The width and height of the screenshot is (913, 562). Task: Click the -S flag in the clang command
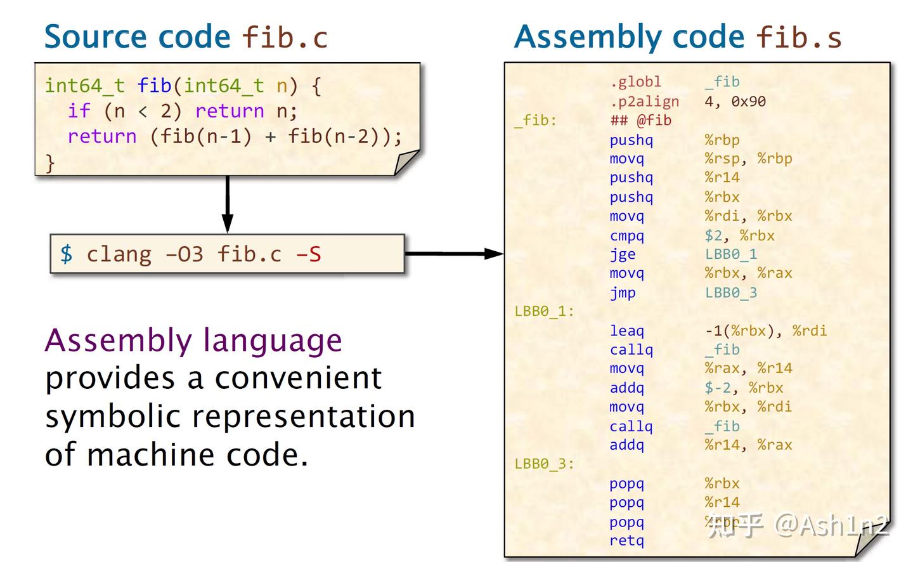[308, 254]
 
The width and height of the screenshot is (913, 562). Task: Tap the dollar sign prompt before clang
[66, 254]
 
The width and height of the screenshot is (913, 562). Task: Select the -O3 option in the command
[184, 254]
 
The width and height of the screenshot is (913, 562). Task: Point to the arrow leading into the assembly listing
[454, 254]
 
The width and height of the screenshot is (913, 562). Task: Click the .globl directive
[635, 82]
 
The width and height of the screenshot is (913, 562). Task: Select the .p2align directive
[644, 101]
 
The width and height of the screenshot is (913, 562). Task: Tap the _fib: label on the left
[535, 121]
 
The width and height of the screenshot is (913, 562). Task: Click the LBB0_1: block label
[544, 311]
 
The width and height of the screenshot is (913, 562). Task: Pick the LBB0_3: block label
[544, 464]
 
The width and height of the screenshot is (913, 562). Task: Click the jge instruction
[623, 254]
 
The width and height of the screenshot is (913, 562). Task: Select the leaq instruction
[626, 330]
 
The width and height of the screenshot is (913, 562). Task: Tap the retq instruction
[626, 540]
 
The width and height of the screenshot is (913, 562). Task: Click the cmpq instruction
[626, 235]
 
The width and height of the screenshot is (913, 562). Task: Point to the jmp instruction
[623, 292]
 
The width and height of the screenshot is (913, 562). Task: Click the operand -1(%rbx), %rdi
[765, 330]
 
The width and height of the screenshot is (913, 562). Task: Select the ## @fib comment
[640, 121]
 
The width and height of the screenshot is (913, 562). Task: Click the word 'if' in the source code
[79, 111]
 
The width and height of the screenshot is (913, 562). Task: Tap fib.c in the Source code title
[285, 37]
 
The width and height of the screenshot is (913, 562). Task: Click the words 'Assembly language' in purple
[193, 341]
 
